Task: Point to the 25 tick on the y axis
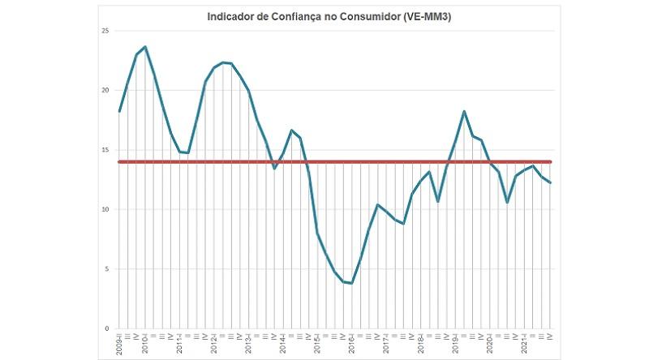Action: click(105, 31)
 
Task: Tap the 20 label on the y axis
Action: click(105, 90)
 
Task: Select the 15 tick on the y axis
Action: click(105, 150)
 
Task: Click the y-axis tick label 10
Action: click(105, 209)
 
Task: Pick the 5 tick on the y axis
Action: click(107, 269)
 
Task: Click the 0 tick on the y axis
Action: click(107, 328)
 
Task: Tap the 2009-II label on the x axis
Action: click(119, 344)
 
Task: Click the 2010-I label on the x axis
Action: click(145, 344)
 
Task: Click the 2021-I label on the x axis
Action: click(524, 344)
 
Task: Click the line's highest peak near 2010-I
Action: click(145, 47)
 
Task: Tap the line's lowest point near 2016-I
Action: click(352, 283)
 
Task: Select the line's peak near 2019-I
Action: click(464, 111)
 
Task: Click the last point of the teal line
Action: click(550, 182)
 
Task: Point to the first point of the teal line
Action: click(119, 111)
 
